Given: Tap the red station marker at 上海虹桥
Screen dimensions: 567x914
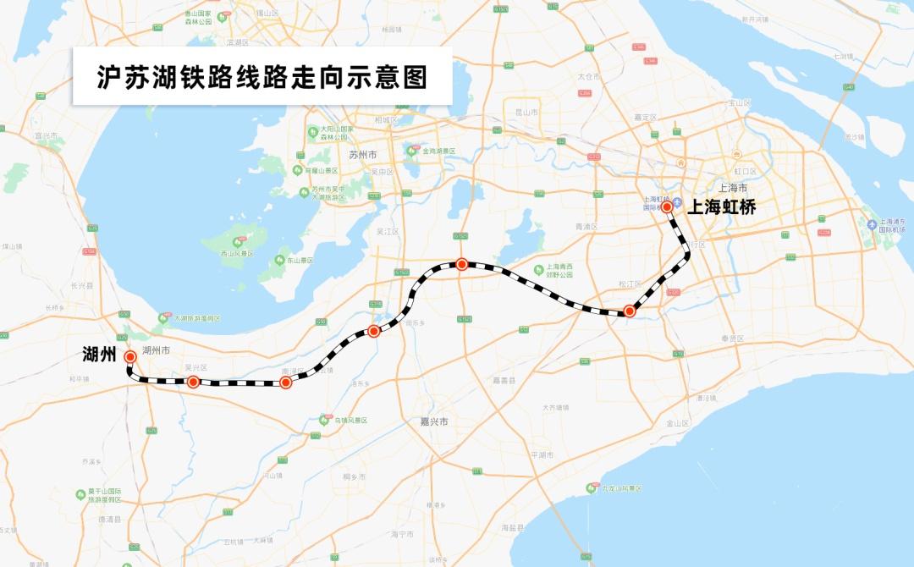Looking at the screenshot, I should pyautogui.click(x=667, y=206).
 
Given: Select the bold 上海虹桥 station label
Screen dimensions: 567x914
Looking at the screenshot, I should pyautogui.click(x=720, y=206).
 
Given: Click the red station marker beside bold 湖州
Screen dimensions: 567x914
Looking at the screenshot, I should pyautogui.click(x=130, y=357).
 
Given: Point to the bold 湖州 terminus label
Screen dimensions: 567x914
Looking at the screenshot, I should pyautogui.click(x=99, y=354).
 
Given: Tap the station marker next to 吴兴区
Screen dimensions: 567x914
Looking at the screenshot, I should pyautogui.click(x=193, y=383).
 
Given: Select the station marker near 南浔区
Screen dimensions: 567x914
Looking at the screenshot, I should pyautogui.click(x=286, y=383).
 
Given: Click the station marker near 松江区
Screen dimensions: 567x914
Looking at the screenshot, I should pyautogui.click(x=630, y=311).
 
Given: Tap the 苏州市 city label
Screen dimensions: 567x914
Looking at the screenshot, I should pyautogui.click(x=361, y=155).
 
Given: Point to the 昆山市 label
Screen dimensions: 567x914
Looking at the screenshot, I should pyautogui.click(x=526, y=111).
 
